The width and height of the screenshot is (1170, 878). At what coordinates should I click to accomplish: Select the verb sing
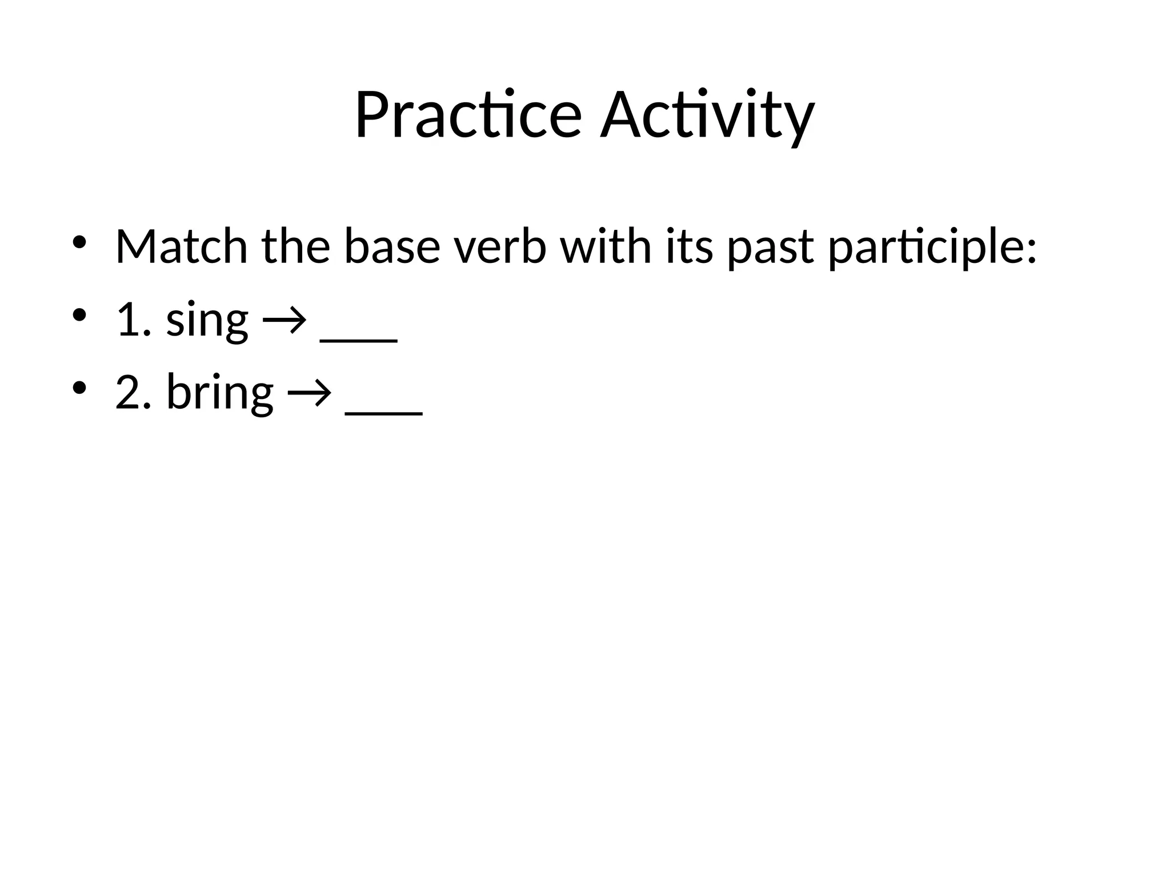point(207,320)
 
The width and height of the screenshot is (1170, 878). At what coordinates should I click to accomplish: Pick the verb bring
point(220,393)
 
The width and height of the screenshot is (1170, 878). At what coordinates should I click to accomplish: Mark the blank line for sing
point(359,340)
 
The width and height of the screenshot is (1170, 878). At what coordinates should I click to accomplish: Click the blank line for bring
point(384,413)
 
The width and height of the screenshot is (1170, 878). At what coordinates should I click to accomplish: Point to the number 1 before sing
point(128,320)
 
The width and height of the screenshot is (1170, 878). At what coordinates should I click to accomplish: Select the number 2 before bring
point(128,392)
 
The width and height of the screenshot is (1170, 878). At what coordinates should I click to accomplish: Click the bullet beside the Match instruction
point(79,243)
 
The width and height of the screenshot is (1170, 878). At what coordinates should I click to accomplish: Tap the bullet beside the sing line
point(79,316)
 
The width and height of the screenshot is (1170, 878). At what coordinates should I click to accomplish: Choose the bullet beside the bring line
point(79,388)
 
